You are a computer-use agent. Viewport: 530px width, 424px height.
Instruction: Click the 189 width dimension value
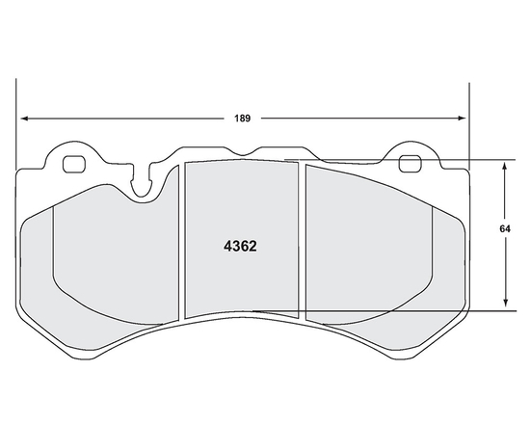tap(243, 119)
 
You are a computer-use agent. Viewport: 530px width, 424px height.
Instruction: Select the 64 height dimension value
tap(504, 229)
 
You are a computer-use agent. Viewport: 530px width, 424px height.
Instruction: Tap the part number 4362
tap(239, 245)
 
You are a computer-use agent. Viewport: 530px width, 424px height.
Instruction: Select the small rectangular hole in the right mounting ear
tap(410, 163)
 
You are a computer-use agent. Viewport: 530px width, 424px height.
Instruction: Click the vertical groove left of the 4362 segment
tap(183, 241)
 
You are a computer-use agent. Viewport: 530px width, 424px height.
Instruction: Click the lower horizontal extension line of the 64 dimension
tap(385, 310)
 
